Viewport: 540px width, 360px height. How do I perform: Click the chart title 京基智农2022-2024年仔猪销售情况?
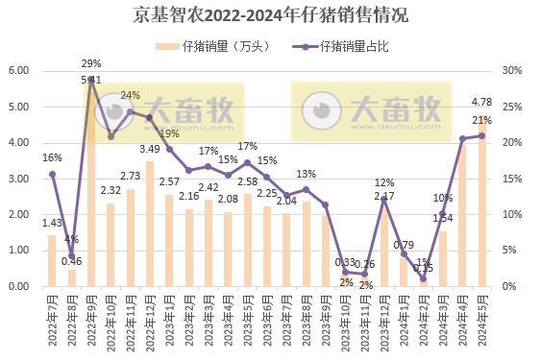pos(270,14)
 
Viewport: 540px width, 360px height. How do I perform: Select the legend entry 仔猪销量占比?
pos(350,46)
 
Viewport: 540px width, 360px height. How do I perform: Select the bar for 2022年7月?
pos(52,260)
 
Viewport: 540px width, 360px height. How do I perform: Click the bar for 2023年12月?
pos(384,248)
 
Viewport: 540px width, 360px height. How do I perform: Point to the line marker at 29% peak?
pos(91,80)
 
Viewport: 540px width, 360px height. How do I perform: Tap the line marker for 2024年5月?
pos(482,135)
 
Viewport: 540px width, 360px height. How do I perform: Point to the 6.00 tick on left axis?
pos(19,71)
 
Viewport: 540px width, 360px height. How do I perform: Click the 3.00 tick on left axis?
pos(19,179)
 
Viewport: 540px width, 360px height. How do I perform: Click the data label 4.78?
pos(482,102)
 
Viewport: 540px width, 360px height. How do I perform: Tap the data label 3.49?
pos(150,149)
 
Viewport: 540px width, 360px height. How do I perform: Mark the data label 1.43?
pos(52,223)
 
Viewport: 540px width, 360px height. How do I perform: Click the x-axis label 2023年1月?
pos(170,322)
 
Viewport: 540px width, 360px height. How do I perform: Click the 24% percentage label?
pos(130,95)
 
